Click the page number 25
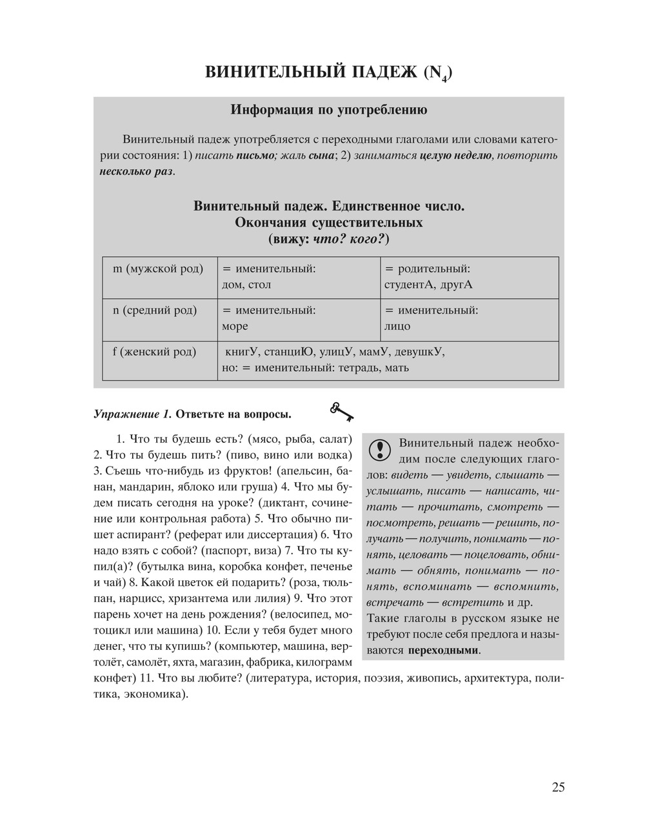[558, 787]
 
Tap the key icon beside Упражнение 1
[342, 411]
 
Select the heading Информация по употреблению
[329, 110]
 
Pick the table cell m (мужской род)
[158, 268]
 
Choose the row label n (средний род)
[155, 310]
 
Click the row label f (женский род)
[155, 352]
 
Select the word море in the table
[235, 327]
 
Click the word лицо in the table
[397, 327]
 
